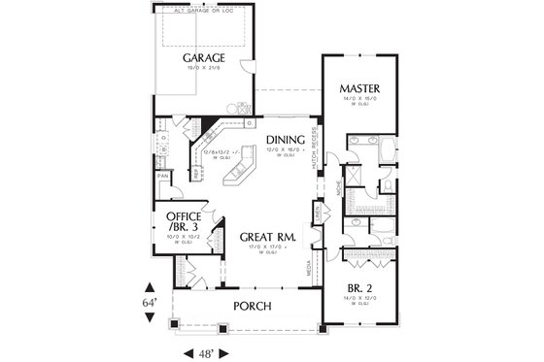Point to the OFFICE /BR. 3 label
(x=184, y=221)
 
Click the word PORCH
(x=252, y=307)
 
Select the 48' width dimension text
(x=206, y=351)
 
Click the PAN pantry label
(x=162, y=176)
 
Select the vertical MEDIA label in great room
(x=310, y=276)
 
